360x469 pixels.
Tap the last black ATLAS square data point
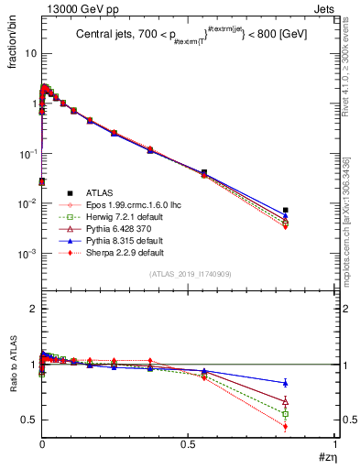pos(311,210)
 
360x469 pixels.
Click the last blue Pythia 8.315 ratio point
pos(311,383)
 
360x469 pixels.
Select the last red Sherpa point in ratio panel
pos(311,426)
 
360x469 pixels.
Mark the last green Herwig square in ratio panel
pos(311,413)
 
